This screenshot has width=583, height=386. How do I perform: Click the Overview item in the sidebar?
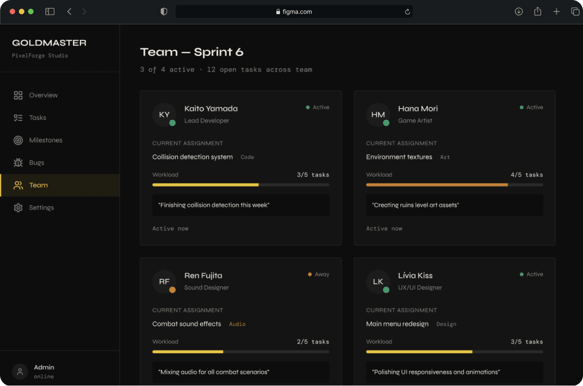(43, 95)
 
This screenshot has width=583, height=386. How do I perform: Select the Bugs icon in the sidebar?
(18, 163)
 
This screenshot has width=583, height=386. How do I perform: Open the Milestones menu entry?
(46, 140)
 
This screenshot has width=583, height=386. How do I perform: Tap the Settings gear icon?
(18, 208)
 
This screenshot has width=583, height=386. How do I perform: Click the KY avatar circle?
(164, 115)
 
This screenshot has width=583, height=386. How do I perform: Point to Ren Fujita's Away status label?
(322, 274)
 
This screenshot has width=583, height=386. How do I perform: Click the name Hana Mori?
(417, 108)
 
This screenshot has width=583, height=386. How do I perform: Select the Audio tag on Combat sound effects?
(237, 324)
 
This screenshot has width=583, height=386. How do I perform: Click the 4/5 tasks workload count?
(526, 175)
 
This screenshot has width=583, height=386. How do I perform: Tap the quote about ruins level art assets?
(416, 205)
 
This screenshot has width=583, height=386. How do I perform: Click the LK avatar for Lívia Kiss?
(378, 282)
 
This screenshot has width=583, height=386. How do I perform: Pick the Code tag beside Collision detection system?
(247, 157)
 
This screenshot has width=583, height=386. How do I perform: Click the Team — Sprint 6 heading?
(192, 52)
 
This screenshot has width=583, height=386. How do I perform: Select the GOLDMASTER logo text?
(49, 43)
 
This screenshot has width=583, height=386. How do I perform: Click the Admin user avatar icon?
(20, 371)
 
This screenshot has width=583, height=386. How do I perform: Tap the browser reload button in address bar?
(407, 12)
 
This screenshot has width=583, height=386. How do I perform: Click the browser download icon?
(519, 11)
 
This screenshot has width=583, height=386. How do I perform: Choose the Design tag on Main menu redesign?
(446, 324)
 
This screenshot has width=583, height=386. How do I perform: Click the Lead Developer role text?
(206, 120)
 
